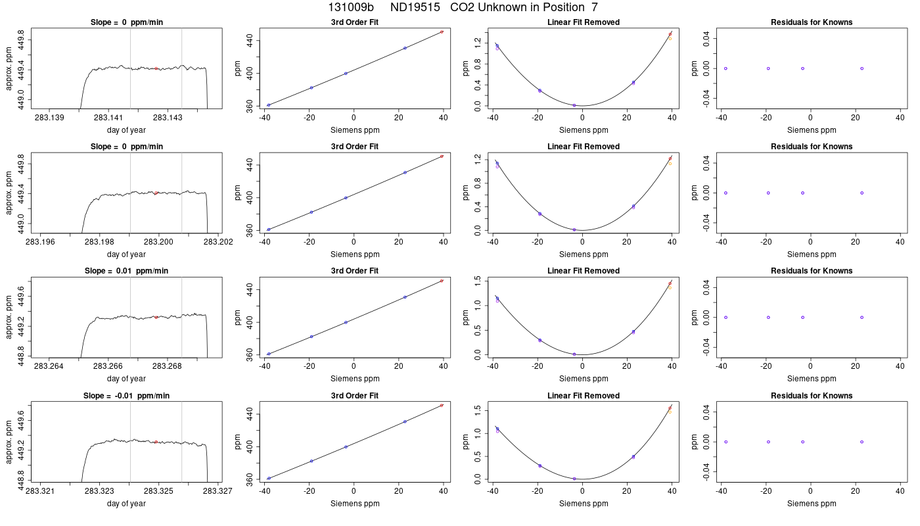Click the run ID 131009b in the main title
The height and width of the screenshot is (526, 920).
[351, 7]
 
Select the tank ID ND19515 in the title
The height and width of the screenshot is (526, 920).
[415, 7]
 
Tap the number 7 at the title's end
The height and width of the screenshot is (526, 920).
[595, 7]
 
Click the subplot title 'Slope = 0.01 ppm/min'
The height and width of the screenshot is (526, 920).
[126, 271]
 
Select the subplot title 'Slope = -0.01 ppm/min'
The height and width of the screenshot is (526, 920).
[126, 396]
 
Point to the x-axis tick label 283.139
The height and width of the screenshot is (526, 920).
[49, 118]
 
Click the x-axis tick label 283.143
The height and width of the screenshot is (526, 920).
[168, 118]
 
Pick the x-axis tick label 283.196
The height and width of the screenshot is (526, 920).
[40, 242]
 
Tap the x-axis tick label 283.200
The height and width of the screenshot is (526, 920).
[158, 242]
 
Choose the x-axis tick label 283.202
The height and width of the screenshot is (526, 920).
[218, 242]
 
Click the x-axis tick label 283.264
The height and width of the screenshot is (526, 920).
[49, 366]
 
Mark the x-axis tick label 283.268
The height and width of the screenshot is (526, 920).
[167, 366]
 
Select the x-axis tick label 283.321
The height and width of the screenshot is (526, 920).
[40, 491]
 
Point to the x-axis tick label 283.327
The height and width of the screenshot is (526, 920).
[218, 491]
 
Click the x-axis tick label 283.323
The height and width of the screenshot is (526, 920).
[99, 491]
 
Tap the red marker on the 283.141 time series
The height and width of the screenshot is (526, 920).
[156, 68]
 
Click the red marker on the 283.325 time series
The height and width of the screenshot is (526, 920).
[156, 442]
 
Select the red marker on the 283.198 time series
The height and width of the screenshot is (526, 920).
[156, 193]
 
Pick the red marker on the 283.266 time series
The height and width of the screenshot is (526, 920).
[156, 317]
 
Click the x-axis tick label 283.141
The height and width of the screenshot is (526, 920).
[108, 118]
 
